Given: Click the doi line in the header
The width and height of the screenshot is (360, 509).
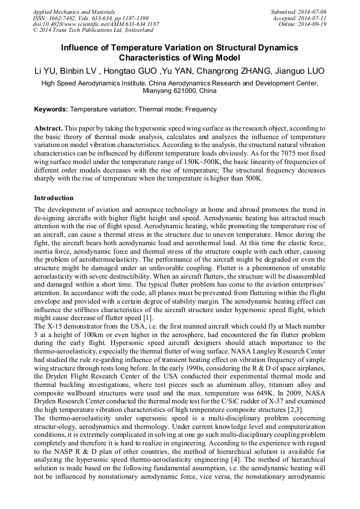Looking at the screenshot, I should [96, 24].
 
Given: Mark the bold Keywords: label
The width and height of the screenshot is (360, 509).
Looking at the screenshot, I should [51, 109].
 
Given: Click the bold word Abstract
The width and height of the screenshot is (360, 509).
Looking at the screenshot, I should [48, 128].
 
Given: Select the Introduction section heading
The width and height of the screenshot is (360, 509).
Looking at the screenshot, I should [54, 198].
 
